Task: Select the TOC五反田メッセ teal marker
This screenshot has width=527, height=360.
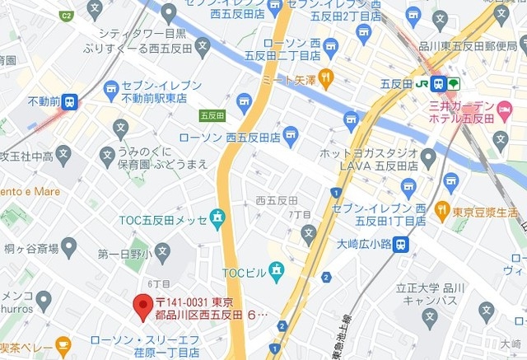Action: (217, 219)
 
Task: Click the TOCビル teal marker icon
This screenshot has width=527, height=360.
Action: (276, 269)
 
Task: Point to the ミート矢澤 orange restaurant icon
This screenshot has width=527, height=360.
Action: (326, 79)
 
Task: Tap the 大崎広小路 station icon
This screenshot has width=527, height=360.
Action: (400, 244)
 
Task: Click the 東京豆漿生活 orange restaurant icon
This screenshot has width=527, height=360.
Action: (442, 211)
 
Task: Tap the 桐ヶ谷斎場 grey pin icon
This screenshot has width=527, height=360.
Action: (69, 246)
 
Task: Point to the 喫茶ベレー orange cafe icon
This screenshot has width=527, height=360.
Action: (63, 344)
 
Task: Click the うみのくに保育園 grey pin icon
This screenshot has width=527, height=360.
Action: (107, 154)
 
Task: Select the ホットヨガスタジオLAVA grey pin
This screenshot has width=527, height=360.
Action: (427, 157)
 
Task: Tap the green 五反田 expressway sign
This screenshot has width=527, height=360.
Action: (212, 116)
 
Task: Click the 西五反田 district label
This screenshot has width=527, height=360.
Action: (277, 200)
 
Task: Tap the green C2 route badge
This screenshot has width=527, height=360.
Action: (67, 16)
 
